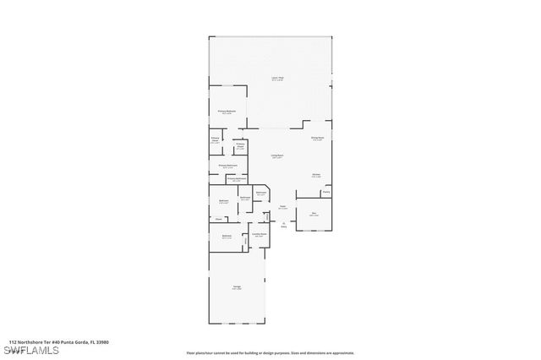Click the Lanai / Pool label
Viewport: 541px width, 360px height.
(x=276, y=79)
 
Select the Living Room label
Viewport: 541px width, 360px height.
(x=276, y=156)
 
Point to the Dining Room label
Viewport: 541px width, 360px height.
(x=317, y=139)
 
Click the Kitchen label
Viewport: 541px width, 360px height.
(x=316, y=176)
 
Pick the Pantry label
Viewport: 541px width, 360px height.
(x=325, y=192)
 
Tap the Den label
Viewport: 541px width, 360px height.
(x=314, y=214)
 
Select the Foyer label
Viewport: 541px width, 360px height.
(x=283, y=207)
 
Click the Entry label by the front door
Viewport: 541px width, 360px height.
(x=284, y=225)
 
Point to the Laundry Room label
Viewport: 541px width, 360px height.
(x=260, y=234)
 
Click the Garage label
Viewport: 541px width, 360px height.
(x=237, y=287)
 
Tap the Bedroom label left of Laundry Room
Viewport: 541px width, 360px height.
(x=227, y=237)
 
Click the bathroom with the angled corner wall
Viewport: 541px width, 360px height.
(x=261, y=194)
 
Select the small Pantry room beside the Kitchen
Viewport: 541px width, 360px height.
(x=325, y=194)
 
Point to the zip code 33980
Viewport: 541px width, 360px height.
(x=102, y=342)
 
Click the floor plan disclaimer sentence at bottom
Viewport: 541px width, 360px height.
(x=270, y=353)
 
